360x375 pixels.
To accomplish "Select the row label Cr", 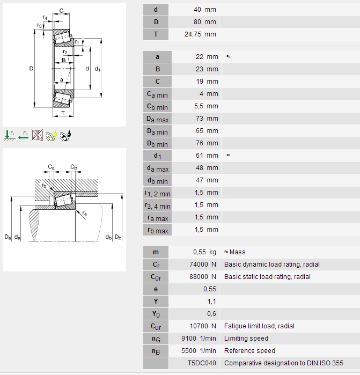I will pos(156,264).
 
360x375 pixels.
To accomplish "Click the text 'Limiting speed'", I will pos(246,339).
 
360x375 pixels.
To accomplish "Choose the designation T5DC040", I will pos(202,363).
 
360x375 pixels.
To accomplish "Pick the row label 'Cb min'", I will pos(157,106).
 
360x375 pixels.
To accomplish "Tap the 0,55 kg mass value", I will pos(205,252).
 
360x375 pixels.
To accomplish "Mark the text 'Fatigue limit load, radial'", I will pos(259,326).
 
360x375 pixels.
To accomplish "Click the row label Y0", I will pos(156,314).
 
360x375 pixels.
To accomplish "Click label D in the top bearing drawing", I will pos(31,69).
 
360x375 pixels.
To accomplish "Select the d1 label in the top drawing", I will pos(97,69).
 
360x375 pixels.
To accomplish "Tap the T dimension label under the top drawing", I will pos(63,113).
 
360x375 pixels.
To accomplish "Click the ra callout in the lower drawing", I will pos(85,214).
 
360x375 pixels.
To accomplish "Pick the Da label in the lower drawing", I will pos(7,237).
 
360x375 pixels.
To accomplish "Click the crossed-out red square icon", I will pos(37,135).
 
